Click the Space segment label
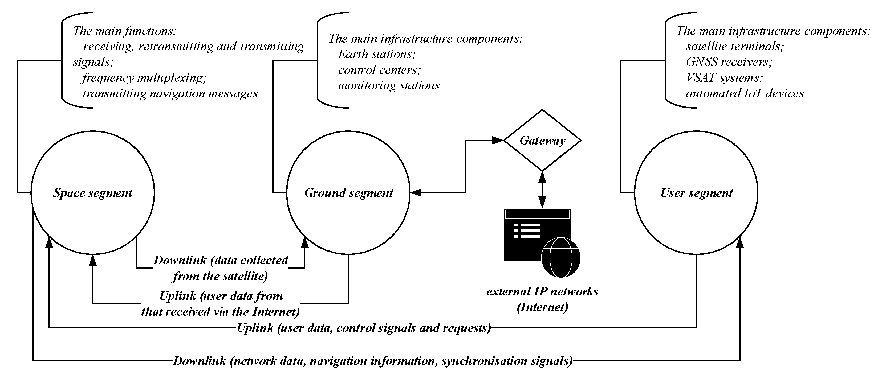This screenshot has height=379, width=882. tap(92, 193)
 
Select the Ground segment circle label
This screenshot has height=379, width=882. tap(348, 193)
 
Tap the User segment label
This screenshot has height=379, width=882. tap(696, 193)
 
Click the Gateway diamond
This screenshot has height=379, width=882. tap(542, 140)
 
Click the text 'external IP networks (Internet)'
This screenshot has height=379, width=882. tap(542, 299)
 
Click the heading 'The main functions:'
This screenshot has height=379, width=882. tap(125, 31)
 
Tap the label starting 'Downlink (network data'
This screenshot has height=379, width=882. tap(372, 361)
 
